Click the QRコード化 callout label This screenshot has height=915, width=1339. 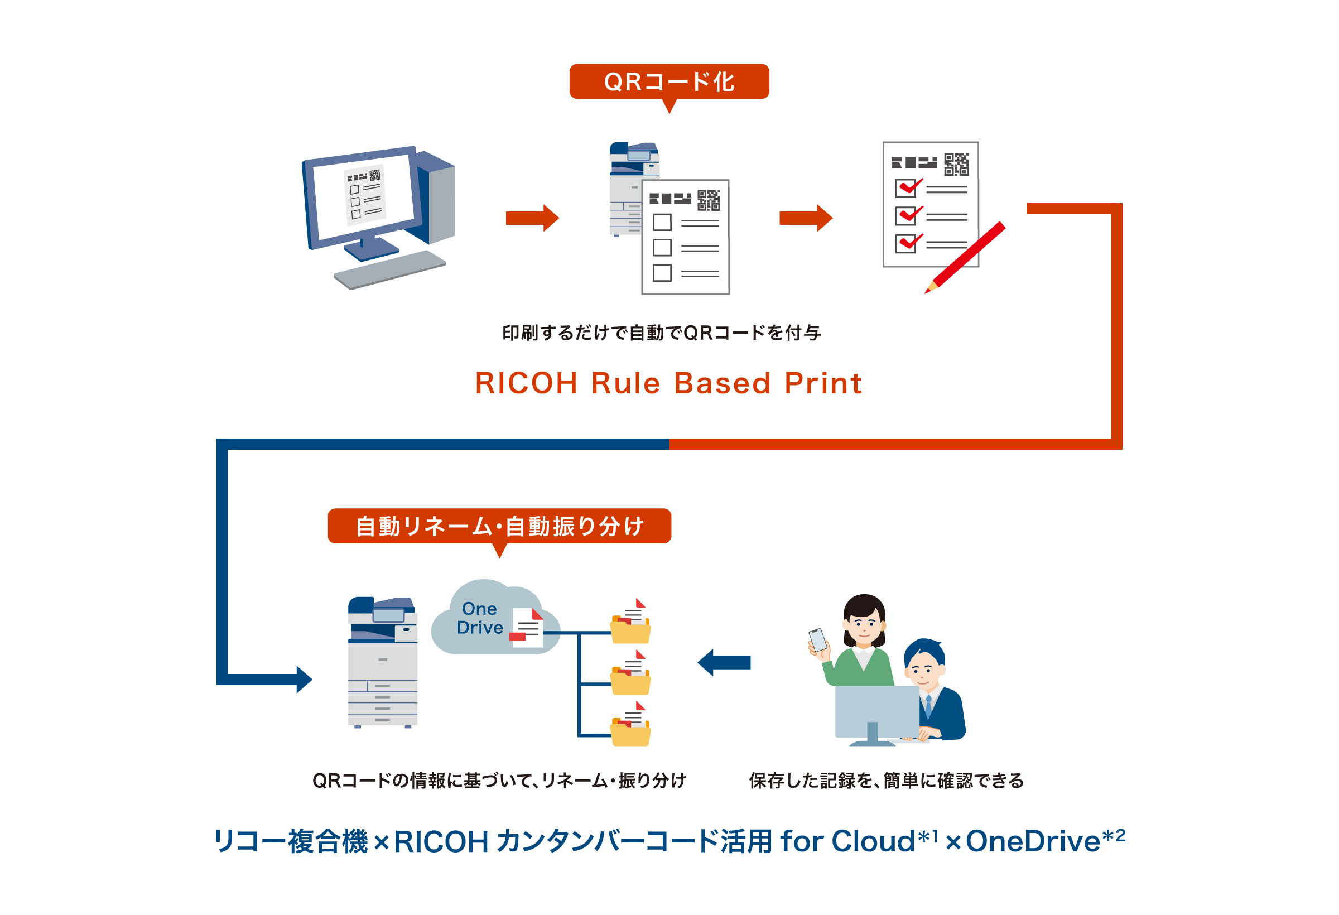coord(669,81)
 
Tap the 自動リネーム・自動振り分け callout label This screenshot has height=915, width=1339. coord(499,526)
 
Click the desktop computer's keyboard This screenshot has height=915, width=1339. coord(389,269)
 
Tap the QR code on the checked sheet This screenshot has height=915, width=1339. coord(956,164)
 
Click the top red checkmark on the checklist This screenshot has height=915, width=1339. coord(911,187)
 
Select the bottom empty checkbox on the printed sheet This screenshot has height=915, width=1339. coord(662,272)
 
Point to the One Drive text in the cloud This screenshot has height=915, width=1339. coord(479,618)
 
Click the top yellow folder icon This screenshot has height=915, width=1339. coord(630,631)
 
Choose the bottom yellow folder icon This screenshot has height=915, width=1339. coord(630,734)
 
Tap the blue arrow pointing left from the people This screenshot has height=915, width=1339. coord(724,663)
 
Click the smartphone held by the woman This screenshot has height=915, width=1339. coord(817,639)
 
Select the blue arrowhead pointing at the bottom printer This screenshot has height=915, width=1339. coord(303,680)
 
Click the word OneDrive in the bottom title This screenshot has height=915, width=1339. coord(1033,841)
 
